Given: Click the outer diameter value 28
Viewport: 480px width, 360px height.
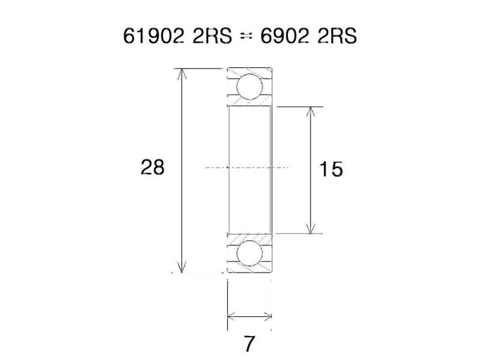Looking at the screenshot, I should click(152, 167).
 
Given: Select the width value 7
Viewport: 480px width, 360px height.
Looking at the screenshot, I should click(250, 344).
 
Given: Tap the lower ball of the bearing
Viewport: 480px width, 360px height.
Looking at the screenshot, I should click(249, 254).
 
